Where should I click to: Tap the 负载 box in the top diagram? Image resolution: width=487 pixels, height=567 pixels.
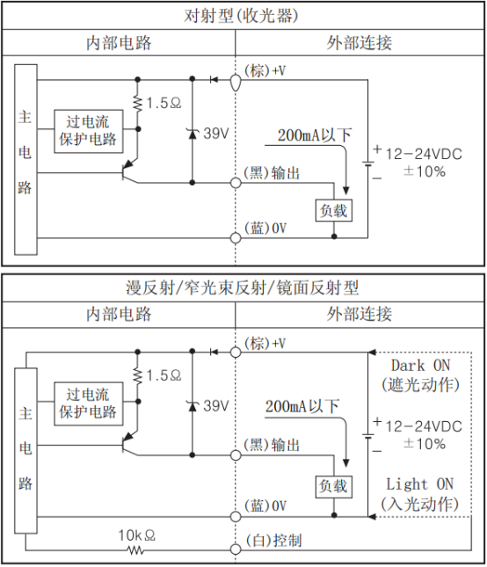pyautogui.click(x=333, y=211)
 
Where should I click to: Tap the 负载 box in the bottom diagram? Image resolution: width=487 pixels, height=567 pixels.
pyautogui.click(x=333, y=485)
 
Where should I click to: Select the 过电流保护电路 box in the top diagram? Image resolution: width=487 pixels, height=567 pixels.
pyautogui.click(x=87, y=130)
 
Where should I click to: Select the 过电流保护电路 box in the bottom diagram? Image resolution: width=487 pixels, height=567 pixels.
pyautogui.click(x=87, y=403)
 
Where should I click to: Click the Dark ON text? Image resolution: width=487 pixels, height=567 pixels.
pyautogui.click(x=421, y=365)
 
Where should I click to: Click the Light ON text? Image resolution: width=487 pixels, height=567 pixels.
pyautogui.click(x=420, y=484)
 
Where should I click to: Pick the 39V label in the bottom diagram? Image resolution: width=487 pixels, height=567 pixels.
pyautogui.click(x=215, y=406)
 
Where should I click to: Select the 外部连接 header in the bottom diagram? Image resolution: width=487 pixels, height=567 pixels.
pyautogui.click(x=360, y=314)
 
